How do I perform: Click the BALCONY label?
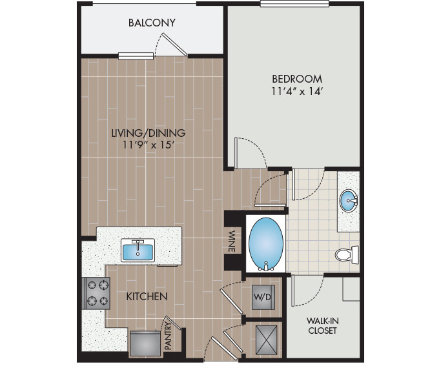[x=152, y=23]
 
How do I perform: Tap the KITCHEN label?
[x=147, y=296]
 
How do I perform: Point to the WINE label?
[x=231, y=241]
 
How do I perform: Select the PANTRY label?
[x=167, y=336]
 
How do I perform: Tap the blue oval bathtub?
[x=265, y=243]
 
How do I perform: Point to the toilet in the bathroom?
[x=346, y=255]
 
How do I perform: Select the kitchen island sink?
[x=137, y=249]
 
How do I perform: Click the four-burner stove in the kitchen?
[x=96, y=292]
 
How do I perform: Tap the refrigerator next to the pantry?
[x=144, y=343]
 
